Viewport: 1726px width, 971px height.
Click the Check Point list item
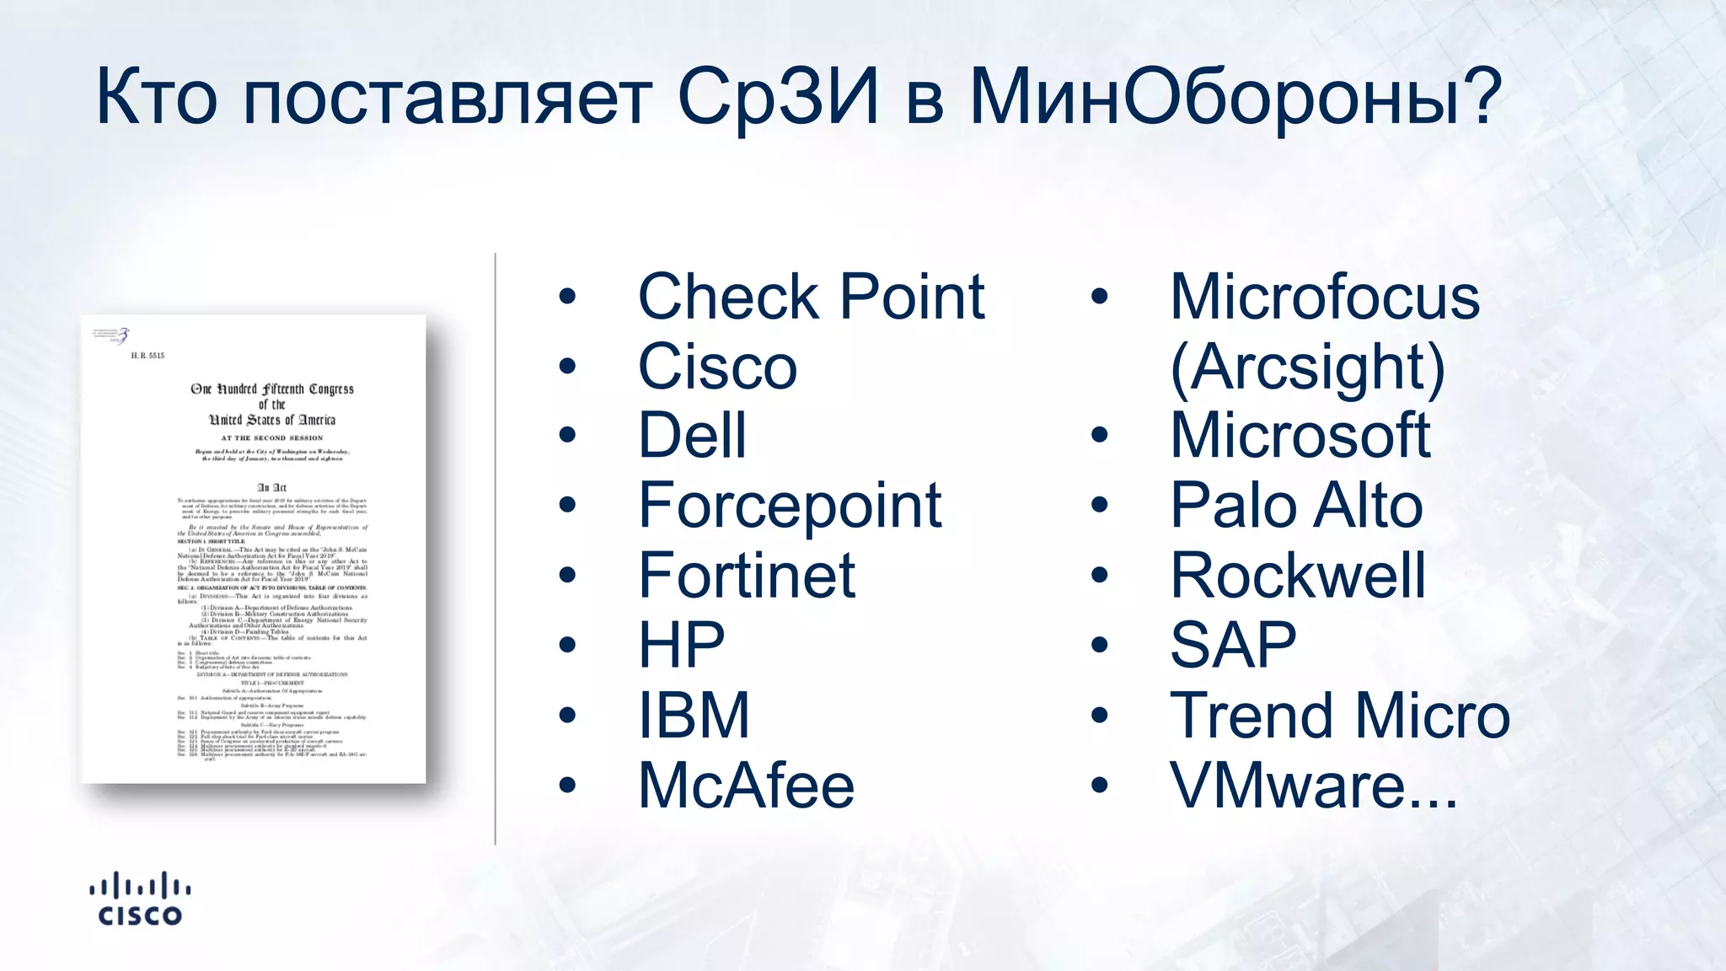811,298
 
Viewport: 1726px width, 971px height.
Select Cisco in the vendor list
717,367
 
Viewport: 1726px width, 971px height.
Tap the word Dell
692,437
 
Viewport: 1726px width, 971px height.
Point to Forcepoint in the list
790,507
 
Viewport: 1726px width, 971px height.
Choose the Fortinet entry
747,576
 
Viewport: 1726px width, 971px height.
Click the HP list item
681,646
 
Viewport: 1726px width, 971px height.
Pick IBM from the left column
693,716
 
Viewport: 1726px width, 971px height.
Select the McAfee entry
746,786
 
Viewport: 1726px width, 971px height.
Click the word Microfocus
1324,298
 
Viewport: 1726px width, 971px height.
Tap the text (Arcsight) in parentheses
1307,367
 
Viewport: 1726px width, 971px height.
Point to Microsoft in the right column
1300,437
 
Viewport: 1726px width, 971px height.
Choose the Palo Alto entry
1296,507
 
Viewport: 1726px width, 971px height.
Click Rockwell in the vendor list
1298,576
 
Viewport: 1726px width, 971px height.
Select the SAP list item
1233,646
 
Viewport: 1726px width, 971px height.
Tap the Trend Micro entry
1340,716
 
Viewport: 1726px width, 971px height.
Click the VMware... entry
1313,786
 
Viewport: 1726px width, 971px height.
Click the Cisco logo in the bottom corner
140,900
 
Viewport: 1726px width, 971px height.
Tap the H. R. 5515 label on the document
147,356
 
